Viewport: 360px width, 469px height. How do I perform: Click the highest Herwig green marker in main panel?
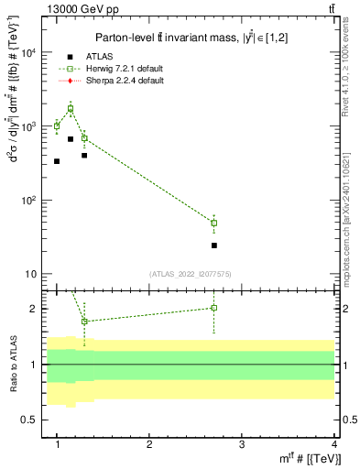click(71, 109)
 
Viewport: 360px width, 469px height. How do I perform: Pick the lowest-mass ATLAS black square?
click(57, 161)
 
